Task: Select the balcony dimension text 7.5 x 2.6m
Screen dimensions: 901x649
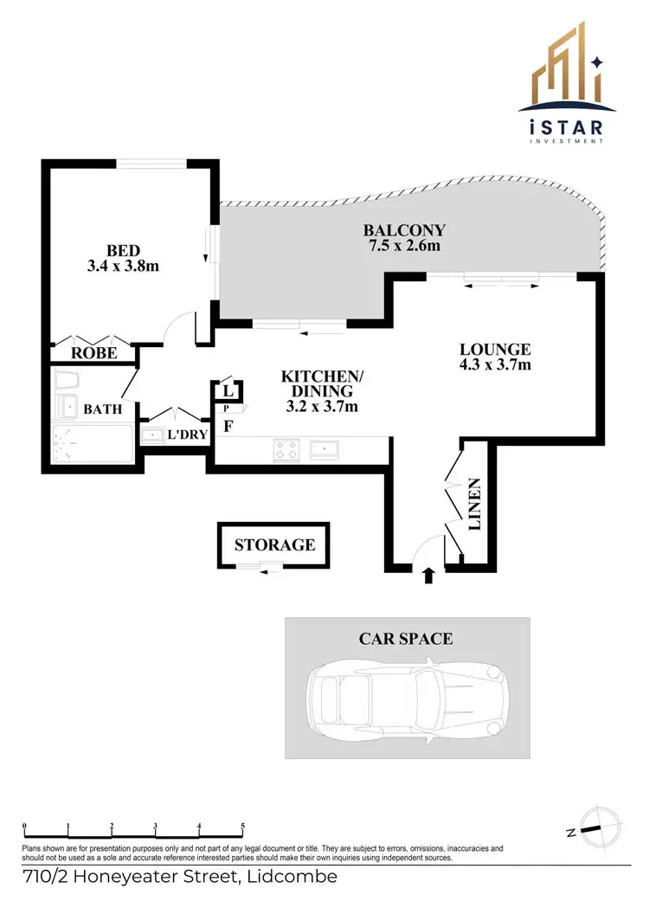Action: pos(404,246)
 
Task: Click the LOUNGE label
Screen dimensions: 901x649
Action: pos(494,350)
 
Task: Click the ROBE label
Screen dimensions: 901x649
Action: pos(93,354)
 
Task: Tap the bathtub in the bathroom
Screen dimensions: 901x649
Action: pos(92,443)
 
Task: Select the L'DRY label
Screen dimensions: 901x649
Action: pos(186,434)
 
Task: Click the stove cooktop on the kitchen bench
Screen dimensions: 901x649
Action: pos(286,450)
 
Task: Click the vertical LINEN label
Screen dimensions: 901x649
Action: pos(473,504)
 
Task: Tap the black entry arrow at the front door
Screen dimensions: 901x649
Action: pos(427,575)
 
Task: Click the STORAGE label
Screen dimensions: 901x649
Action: pos(274,545)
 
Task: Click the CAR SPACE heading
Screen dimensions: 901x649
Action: pos(405,639)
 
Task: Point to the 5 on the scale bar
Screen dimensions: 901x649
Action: pos(243,826)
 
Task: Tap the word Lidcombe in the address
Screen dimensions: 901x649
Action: pos(292,878)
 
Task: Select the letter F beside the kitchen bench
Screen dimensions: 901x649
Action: pos(228,426)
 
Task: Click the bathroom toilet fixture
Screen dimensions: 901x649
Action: pos(65,382)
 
